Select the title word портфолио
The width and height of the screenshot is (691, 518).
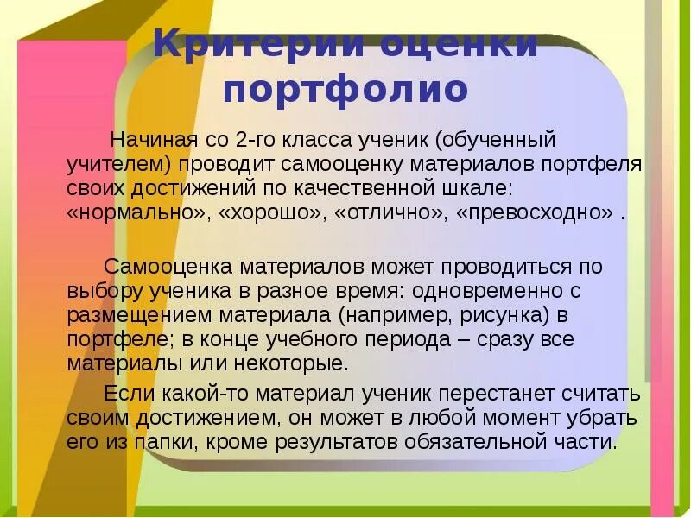tap(346, 89)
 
